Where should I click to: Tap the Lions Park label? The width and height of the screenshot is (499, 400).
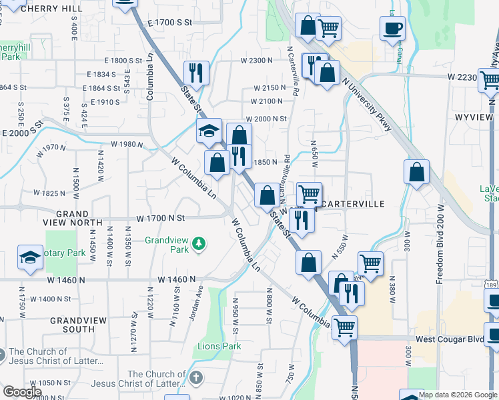point(219,346)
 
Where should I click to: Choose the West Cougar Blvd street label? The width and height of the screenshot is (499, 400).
point(449,339)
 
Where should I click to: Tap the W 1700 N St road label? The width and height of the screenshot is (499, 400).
point(160,218)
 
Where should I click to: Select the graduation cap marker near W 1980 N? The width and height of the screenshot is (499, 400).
point(209,131)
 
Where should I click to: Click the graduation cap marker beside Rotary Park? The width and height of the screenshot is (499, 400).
point(30,257)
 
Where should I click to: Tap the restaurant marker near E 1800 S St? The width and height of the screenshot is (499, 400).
point(195,71)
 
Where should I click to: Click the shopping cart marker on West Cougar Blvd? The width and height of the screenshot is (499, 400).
point(344,327)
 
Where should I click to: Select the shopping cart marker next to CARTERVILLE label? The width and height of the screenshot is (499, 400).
point(309,194)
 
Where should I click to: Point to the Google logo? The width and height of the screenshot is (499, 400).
point(21,392)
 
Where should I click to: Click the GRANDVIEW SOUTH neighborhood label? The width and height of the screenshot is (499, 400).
point(77,325)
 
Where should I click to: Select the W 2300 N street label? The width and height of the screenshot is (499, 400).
point(256,60)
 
